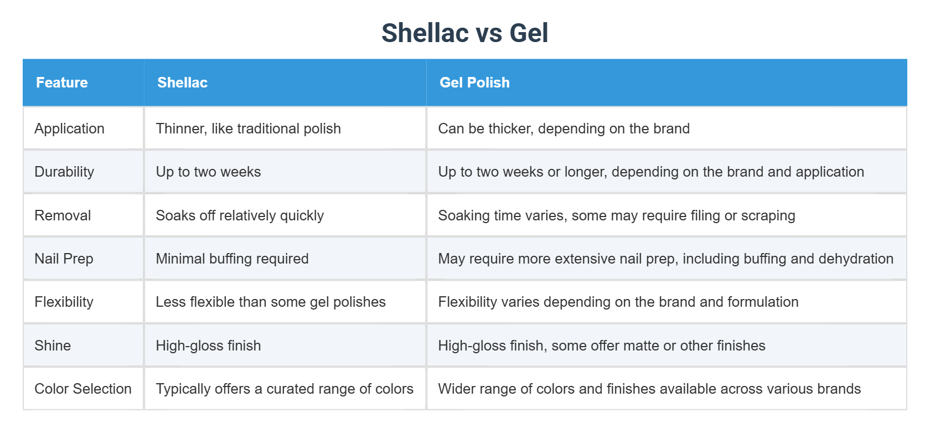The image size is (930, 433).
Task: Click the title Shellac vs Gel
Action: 464,33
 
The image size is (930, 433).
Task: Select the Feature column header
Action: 62,83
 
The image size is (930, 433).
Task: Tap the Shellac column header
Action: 182,83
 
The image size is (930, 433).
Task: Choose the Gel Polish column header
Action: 474,83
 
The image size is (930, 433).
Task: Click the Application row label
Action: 69,128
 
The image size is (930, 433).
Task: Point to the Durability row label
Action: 64,172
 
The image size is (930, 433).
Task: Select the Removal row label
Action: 63,215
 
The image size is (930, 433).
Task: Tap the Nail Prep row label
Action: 64,259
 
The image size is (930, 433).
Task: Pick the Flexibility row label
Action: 64,302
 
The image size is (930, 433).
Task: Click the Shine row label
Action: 53,346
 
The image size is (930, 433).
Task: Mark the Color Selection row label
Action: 83,389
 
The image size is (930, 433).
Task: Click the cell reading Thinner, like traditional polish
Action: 248,128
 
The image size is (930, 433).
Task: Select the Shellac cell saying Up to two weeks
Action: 208,172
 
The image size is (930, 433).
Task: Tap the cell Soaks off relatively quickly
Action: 240,215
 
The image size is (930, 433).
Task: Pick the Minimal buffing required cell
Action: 232,259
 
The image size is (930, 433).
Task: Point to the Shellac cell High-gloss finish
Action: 208,346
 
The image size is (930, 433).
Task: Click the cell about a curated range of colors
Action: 285,389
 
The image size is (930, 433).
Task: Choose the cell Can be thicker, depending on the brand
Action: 564,128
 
